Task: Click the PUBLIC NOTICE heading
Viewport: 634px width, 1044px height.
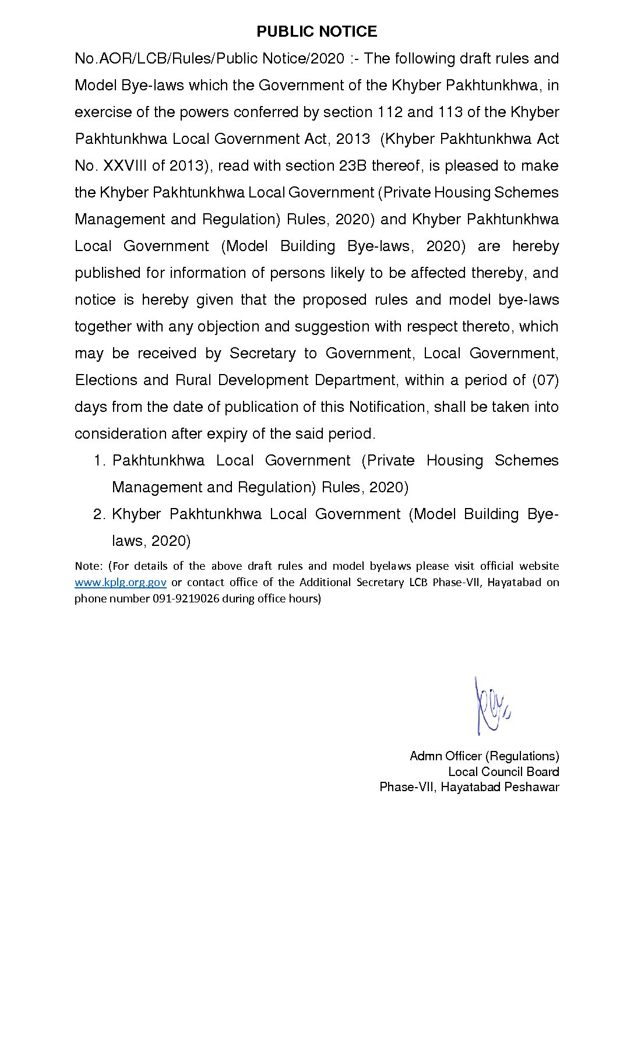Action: (316, 31)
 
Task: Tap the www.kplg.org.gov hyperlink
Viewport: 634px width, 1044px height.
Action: (120, 582)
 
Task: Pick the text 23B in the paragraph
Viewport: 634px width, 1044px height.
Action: (353, 165)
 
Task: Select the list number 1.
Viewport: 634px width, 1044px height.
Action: (99, 460)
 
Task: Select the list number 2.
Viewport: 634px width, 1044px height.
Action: (99, 514)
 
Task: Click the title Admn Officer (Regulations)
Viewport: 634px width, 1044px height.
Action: (484, 756)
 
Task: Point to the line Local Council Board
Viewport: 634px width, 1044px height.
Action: (503, 771)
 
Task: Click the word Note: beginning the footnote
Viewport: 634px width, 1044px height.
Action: (89, 566)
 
